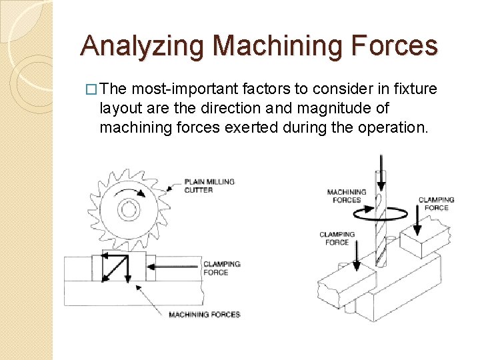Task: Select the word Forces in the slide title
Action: point(395,45)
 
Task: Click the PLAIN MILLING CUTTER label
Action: point(209,185)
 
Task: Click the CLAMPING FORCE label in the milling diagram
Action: point(221,268)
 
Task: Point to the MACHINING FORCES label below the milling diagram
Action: point(204,315)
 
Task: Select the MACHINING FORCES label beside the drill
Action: point(347,196)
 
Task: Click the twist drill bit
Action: point(381,220)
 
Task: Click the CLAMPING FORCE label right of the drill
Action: point(436,203)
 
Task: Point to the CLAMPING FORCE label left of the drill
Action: point(337,238)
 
